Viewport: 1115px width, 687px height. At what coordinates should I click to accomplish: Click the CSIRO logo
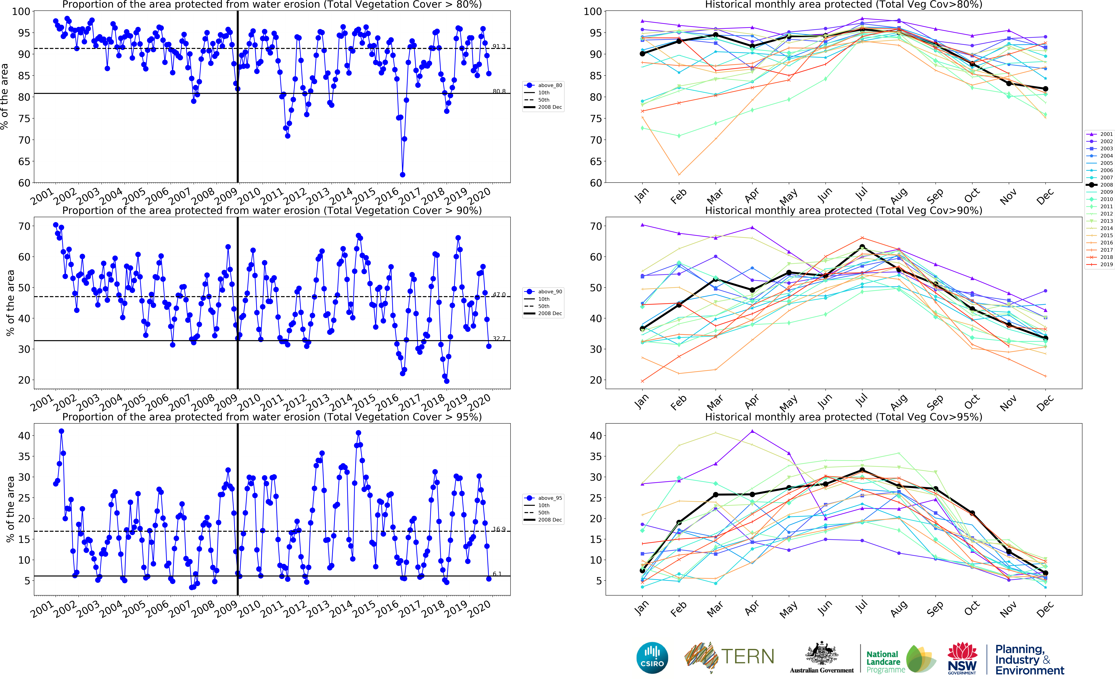click(x=652, y=658)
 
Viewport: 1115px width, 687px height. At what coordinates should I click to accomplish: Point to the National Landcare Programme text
click(x=885, y=662)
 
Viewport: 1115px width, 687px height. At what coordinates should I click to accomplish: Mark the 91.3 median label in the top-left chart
click(x=499, y=46)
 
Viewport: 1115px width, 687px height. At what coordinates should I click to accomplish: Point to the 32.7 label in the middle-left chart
click(x=499, y=339)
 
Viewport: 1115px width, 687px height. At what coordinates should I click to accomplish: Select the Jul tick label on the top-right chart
click(x=862, y=194)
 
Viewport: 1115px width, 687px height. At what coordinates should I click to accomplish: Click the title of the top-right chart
click(x=843, y=5)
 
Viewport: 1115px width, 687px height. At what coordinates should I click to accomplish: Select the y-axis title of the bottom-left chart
click(x=10, y=509)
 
